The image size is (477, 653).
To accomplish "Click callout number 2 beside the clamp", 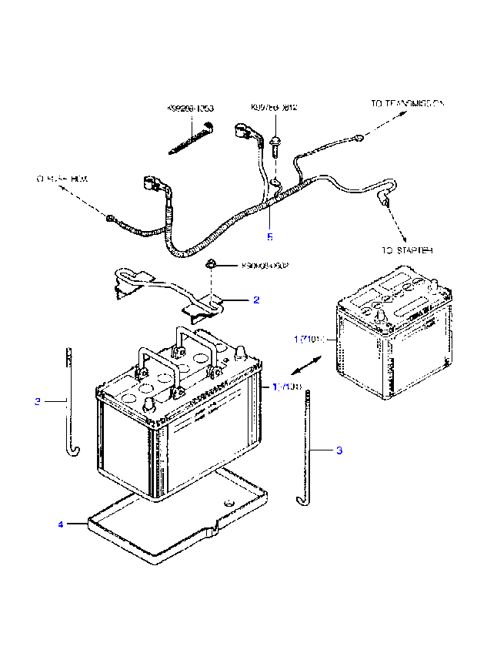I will coord(256,300).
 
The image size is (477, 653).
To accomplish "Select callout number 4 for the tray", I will coord(59,524).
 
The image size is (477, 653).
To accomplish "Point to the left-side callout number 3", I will coord(37,401).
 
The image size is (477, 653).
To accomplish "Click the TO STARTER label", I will coord(407,250).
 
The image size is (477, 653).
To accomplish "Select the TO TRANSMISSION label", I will coord(408,102).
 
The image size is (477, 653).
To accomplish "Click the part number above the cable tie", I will coord(190,109).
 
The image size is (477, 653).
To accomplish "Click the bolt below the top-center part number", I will coord(275,142).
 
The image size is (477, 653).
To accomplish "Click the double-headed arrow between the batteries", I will coord(305,363).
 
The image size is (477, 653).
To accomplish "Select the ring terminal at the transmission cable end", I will coord(358,138).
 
